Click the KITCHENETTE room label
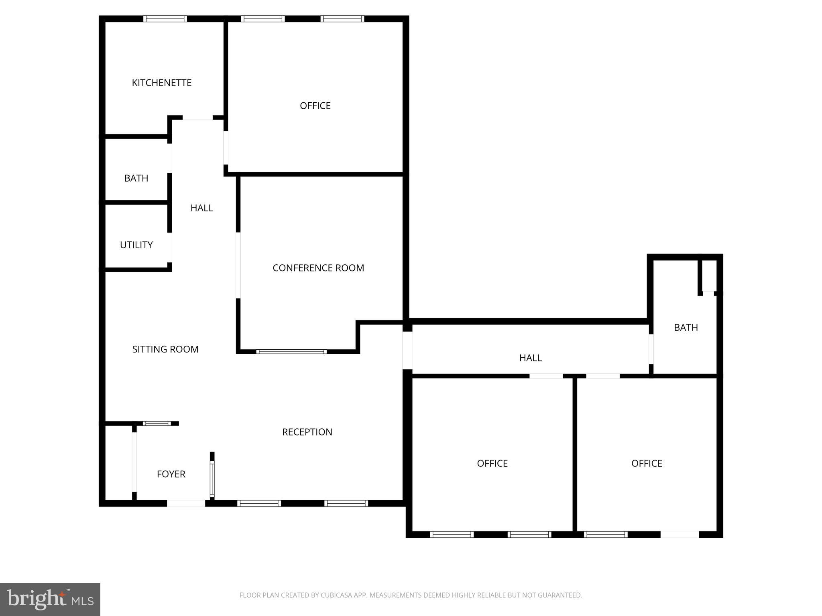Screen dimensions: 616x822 point(161,83)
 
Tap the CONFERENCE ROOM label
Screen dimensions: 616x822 point(318,268)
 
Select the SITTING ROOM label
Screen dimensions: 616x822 point(165,349)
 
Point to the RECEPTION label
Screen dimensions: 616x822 point(307,432)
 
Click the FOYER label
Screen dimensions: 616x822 point(171,474)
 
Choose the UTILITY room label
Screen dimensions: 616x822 point(136,245)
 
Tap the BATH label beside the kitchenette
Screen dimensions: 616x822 point(136,178)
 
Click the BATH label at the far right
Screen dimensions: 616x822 point(686,328)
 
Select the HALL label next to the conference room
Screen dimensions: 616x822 point(201,208)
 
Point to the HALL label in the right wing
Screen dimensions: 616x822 point(530,358)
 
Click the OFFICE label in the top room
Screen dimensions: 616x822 point(315,105)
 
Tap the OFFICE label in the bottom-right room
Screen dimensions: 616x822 point(646,463)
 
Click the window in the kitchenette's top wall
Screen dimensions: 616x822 point(165,18)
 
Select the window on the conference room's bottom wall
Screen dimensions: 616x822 point(291,352)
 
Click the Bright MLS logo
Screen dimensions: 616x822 point(50,599)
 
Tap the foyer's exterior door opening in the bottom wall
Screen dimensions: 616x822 point(186,503)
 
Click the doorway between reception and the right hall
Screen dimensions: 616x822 point(407,350)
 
